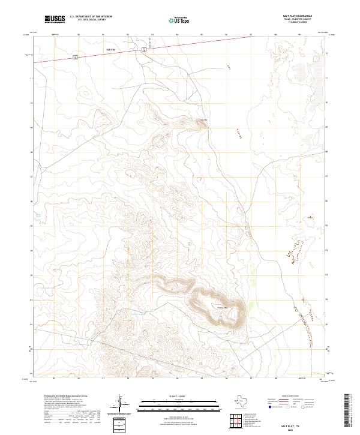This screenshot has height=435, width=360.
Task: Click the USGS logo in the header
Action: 54,20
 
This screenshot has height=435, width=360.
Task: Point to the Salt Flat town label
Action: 110,49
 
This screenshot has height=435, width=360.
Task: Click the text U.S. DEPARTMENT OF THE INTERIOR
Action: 91,16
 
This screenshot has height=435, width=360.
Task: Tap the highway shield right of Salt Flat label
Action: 144,50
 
